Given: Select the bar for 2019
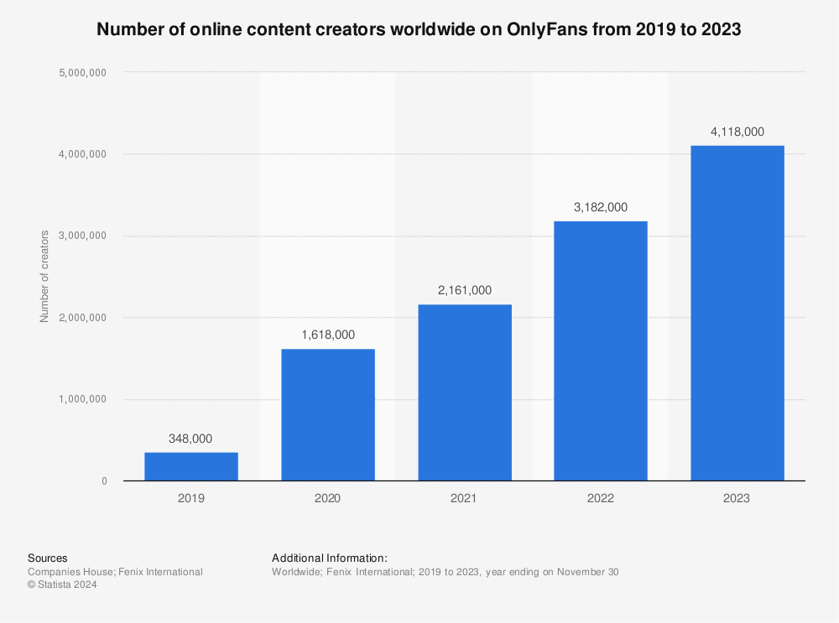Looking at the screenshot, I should coord(191,466).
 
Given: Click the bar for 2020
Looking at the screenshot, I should coord(327,414).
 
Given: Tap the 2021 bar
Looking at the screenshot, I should coord(464,392).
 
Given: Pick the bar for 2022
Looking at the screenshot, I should coord(601,350).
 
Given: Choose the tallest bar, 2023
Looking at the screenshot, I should coord(737,313).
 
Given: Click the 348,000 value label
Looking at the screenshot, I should coord(191,438).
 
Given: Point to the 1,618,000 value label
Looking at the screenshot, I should coord(327,335).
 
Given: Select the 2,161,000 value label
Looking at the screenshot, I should coord(464,290).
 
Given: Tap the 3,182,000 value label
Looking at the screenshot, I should coord(601,206).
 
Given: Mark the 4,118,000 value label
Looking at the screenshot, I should coord(737,131).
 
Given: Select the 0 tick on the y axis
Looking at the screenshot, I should coord(104,481).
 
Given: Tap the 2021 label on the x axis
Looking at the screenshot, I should coord(464,497).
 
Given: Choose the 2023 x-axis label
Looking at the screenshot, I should coord(737,497).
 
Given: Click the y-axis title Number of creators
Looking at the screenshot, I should coord(44,276).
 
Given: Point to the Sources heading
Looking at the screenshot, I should coord(48,558).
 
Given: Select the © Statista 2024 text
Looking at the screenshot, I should coord(63,585).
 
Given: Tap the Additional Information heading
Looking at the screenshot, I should coord(330,558).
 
